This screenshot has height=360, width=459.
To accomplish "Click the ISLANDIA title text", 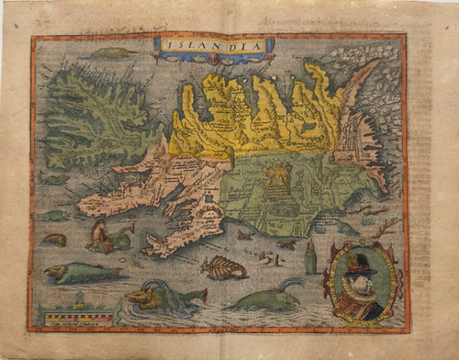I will [x=213, y=45].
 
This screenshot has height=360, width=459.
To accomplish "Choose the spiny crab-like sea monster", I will [x=223, y=268].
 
